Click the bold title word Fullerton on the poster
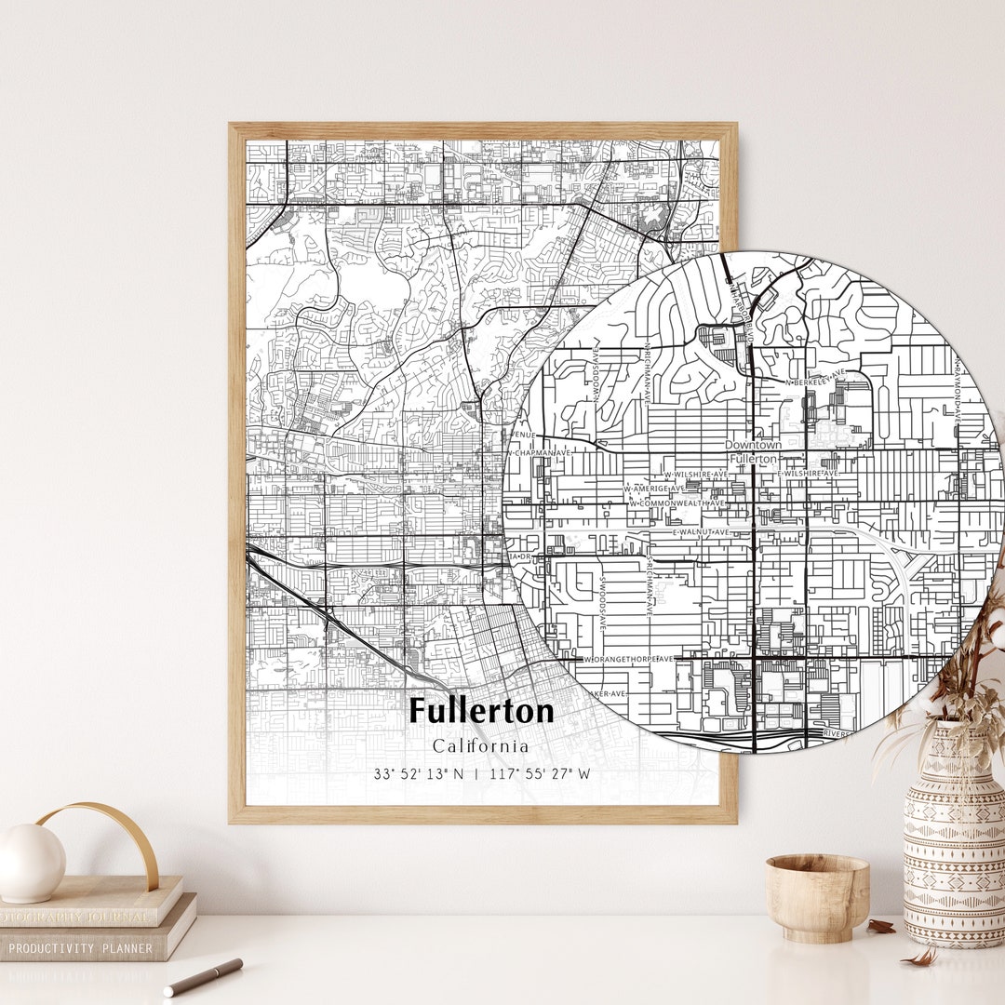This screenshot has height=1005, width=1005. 481,711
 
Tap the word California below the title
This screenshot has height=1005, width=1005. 480,746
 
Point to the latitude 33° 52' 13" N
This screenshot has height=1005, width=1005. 419,774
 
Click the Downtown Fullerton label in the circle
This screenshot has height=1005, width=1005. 753,452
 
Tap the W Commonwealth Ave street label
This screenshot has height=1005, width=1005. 677,503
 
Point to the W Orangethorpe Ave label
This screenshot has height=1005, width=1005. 628,659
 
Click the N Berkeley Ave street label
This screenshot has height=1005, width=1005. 816,380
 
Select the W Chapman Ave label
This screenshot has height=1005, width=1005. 539,452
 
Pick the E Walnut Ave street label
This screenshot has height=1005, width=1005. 703,532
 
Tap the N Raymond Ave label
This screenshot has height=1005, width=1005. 956,391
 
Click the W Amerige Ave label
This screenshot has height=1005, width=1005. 653,489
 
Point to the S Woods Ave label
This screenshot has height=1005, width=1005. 602,603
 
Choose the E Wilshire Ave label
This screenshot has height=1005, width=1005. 808,474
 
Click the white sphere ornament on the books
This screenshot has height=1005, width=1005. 31,863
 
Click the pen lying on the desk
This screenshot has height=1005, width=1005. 203,977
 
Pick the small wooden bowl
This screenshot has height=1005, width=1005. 817,897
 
